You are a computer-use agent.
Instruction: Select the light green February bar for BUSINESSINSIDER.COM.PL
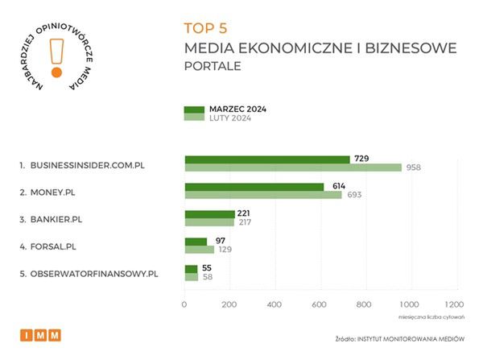coord(293,168)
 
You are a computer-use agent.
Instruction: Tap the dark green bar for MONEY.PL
coord(254,187)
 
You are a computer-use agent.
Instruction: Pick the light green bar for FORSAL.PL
coord(200,250)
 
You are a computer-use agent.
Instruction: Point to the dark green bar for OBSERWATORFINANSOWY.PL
coord(191,269)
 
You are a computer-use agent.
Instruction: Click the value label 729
coord(361,159)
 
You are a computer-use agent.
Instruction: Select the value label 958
coord(412,168)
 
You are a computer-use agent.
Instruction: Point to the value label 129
coord(226,250)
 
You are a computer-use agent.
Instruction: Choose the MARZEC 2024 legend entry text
coord(237,109)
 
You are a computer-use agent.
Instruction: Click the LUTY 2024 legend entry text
coord(230,118)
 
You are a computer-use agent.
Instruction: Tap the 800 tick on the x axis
coord(364,304)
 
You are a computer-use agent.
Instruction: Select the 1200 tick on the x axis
coord(453,304)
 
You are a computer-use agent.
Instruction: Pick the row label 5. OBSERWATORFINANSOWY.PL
coord(89,274)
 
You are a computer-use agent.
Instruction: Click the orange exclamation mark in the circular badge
coord(56,57)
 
